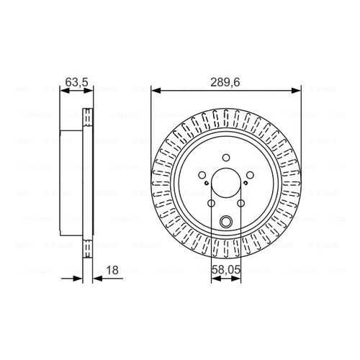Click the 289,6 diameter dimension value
click(225, 83)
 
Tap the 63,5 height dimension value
click(77, 82)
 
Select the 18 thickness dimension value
click(112, 270)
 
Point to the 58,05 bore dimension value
click(226, 270)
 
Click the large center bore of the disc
click(226, 183)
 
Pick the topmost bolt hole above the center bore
click(226, 158)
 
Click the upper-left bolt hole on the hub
click(202, 175)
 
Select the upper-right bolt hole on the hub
click(250, 175)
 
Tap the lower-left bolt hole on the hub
click(211, 203)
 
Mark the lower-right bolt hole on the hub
click(240, 203)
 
